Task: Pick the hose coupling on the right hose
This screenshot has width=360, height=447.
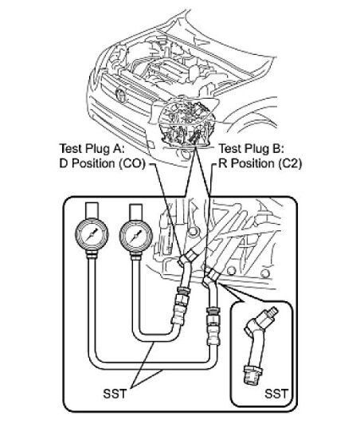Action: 211,318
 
